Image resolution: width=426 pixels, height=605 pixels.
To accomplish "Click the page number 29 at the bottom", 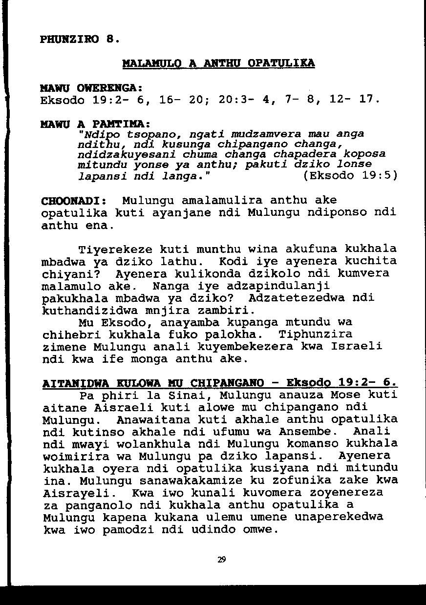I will click(x=221, y=560).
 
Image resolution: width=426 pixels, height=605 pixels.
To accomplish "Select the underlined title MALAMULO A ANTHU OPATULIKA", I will click(x=218, y=63).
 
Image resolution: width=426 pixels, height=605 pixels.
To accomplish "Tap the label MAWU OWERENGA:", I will click(x=91, y=89).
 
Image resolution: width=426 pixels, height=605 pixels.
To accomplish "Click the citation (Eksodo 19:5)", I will click(x=350, y=175).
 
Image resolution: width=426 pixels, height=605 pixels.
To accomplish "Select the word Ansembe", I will click(x=308, y=432).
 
